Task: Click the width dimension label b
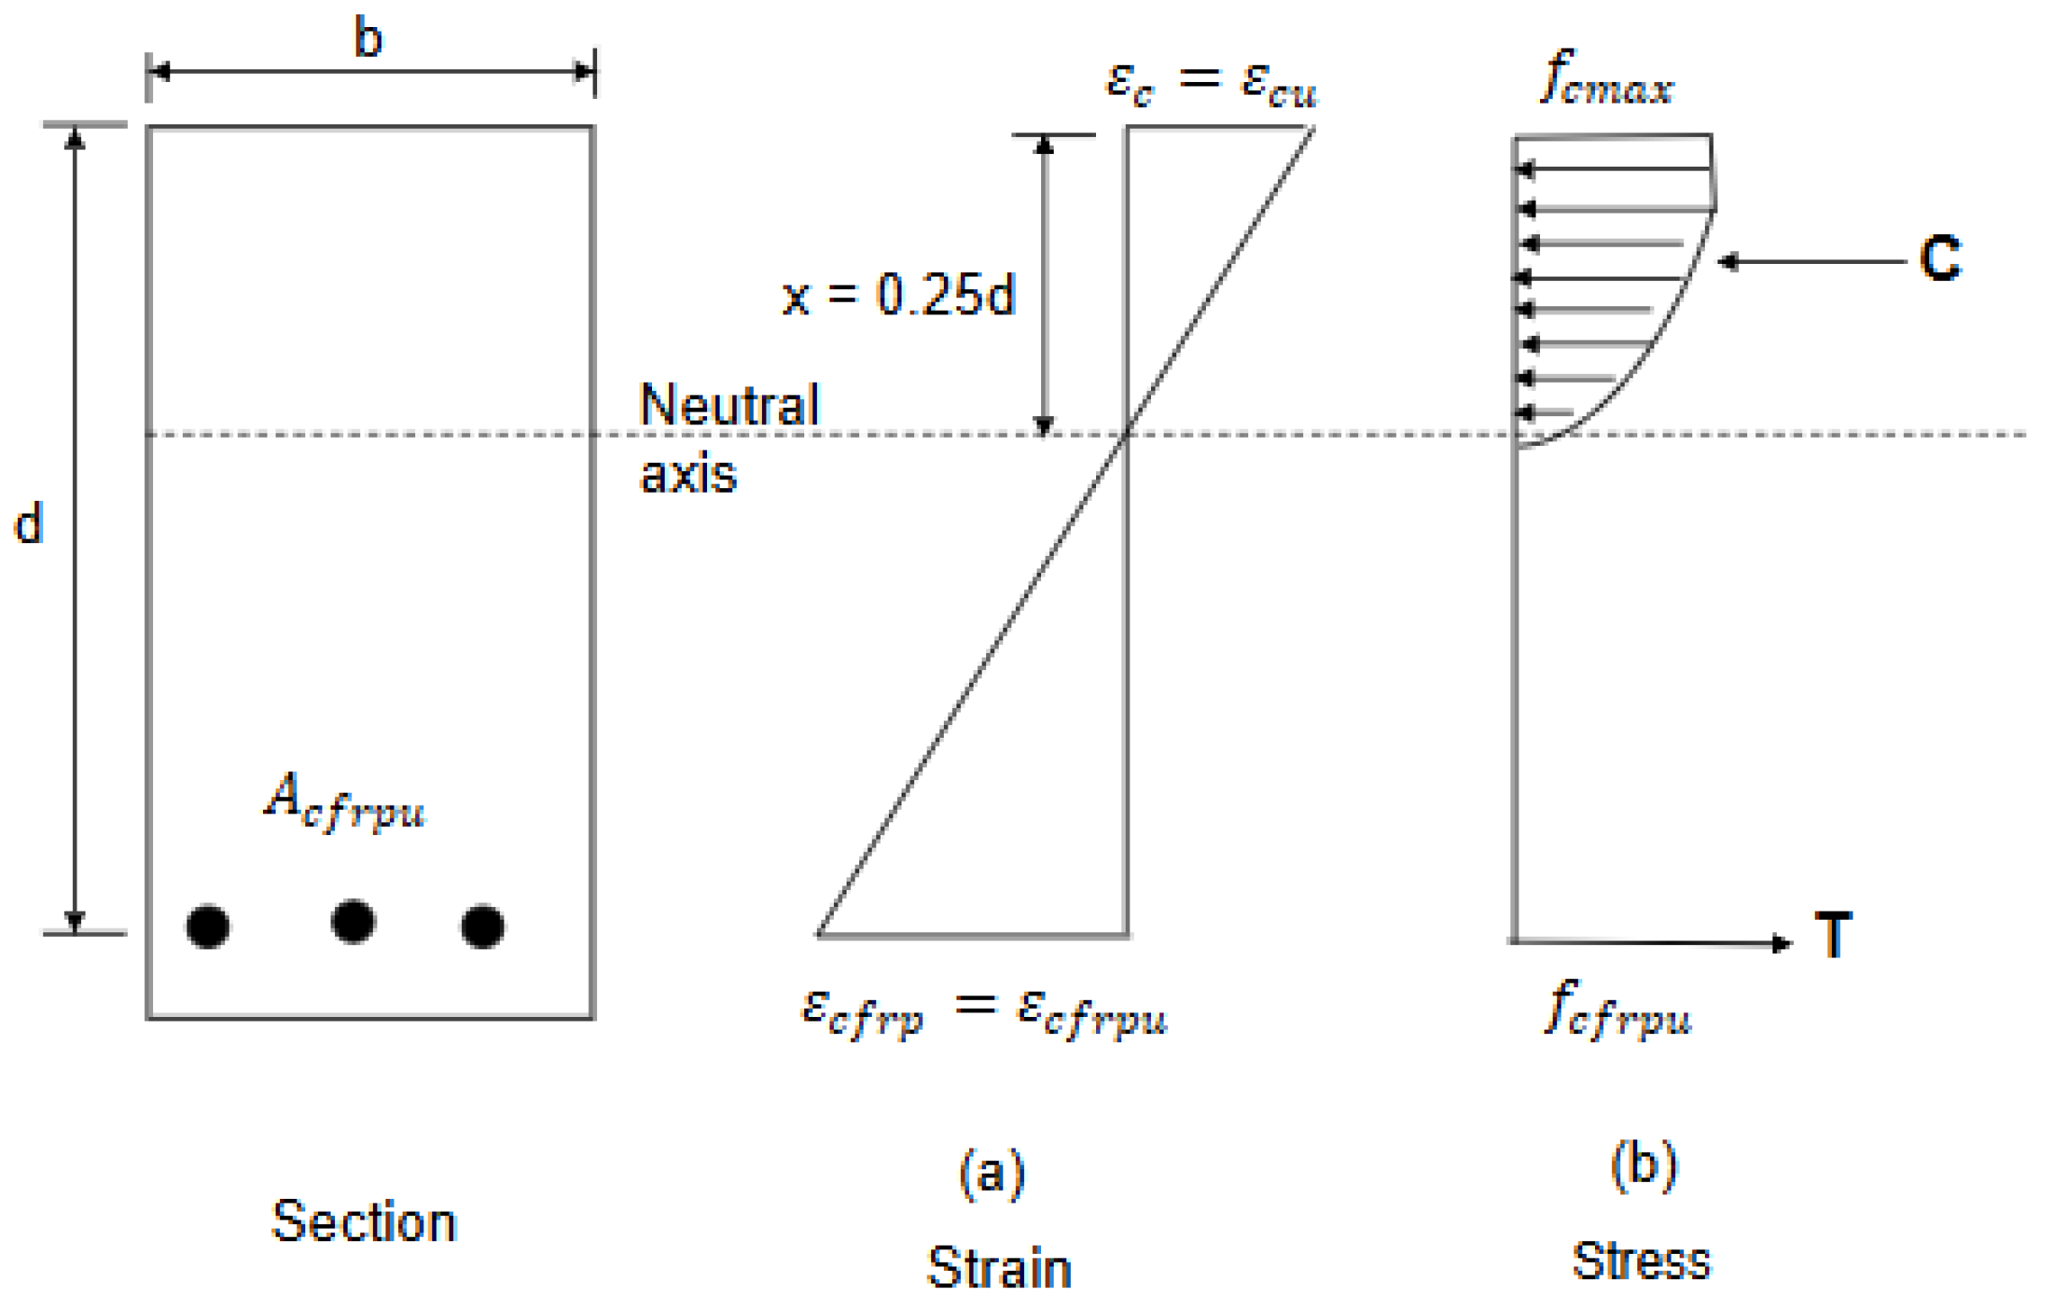(x=368, y=39)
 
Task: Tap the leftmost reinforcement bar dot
(x=208, y=926)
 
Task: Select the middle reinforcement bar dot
(x=353, y=921)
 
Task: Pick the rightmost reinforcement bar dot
(x=483, y=926)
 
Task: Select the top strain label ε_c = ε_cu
(x=1211, y=83)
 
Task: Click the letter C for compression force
(x=1940, y=259)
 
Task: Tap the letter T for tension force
(x=1833, y=935)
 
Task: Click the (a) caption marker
(x=992, y=1172)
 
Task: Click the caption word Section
(x=365, y=1222)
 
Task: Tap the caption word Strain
(x=999, y=1267)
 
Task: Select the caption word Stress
(x=1641, y=1261)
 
